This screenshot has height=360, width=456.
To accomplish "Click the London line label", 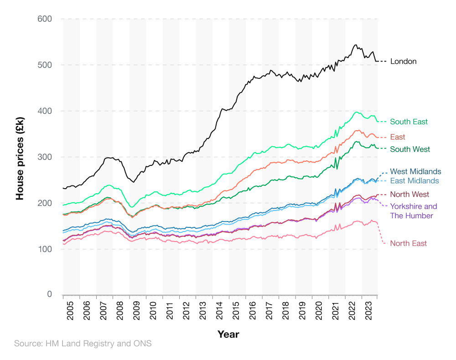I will coord(403,61).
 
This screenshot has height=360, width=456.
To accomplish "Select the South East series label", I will coord(409,122).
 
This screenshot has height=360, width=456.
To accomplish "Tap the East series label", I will coord(398,137).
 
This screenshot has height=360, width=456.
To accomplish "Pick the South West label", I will coord(410,149).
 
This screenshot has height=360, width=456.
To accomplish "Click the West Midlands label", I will coord(415,171).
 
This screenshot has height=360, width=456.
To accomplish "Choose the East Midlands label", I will coord(415,181).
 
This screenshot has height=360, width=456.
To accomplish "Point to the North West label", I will coord(409,195).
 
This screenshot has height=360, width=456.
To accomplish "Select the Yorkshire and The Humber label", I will coord(413,211).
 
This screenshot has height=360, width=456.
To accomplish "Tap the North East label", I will coord(409,243).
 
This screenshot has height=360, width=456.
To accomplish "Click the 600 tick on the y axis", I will coord(44,19).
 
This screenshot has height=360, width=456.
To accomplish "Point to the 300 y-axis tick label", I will coord(44,157).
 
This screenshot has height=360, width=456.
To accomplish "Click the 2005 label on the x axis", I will coord(71,309).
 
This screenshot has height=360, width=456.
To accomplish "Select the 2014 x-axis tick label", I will coord(220,309).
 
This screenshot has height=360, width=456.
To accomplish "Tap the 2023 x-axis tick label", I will coord(369,309).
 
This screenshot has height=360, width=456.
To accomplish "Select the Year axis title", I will coord(228,334).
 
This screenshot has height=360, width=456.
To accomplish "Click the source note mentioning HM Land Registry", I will coord(83,344).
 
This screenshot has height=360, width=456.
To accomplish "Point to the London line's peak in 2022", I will coord(355,45).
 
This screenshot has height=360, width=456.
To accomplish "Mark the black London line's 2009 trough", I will coord(134,182).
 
